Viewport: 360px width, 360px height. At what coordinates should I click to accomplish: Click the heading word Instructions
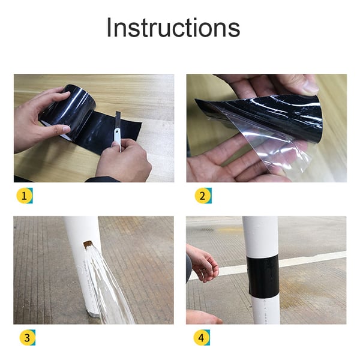coord(173,28)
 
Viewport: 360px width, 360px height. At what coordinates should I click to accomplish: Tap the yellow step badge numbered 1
coord(23,196)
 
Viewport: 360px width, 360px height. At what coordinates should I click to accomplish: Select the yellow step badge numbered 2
coord(203,196)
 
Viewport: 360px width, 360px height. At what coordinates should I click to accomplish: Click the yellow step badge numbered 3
coord(23,338)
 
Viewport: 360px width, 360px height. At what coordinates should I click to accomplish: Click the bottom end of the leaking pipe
coord(93,312)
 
